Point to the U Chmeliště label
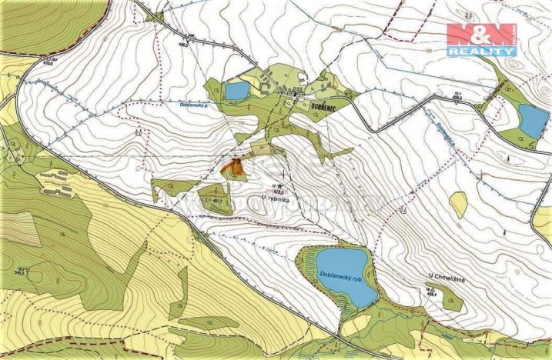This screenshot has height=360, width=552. (x=444, y=275)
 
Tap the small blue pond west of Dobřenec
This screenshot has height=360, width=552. (x=237, y=91)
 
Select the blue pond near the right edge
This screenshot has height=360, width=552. (x=530, y=118)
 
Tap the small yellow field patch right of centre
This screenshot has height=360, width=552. (x=458, y=202)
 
